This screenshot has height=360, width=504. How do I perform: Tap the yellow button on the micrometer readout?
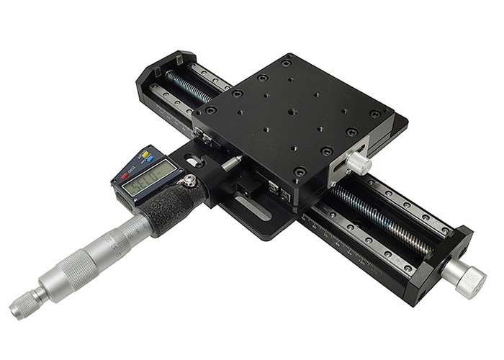(x=147, y=154)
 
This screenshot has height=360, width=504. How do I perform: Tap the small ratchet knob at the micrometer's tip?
(x=26, y=307)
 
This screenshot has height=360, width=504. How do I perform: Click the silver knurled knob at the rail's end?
(x=464, y=278)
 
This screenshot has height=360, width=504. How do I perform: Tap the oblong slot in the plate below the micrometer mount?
(x=253, y=209)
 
